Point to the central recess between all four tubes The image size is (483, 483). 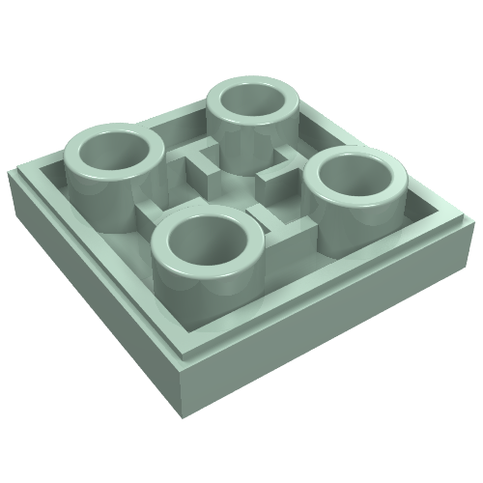click(232, 184)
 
